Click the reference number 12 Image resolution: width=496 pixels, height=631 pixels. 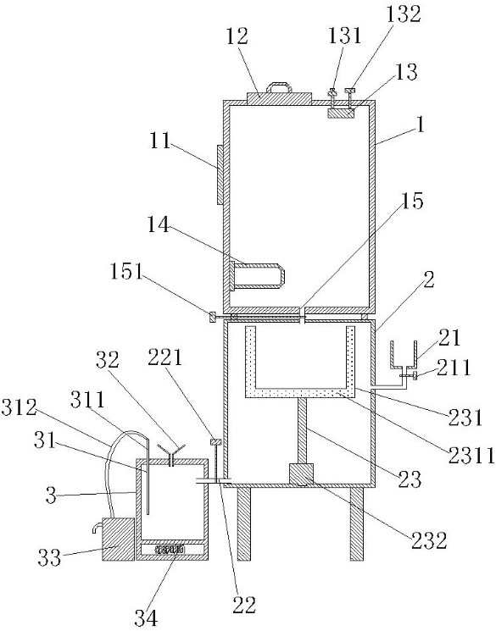[237, 37]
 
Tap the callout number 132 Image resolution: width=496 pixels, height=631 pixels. [404, 14]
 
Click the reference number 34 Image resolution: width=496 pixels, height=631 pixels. [146, 617]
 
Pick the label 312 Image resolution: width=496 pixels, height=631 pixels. [19, 408]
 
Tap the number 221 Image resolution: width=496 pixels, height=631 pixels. [165, 357]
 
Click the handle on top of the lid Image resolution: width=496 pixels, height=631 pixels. [279, 87]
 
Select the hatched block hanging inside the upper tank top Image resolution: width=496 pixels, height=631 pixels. [341, 113]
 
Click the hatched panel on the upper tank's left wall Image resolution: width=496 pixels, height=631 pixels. [220, 174]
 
